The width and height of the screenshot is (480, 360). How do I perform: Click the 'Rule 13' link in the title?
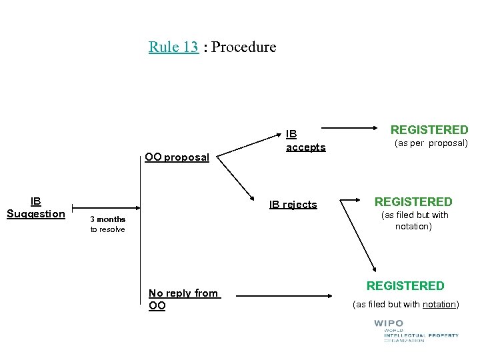pos(173,47)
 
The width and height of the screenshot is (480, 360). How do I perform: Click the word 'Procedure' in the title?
pos(244,47)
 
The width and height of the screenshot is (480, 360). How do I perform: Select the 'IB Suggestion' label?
pos(35,207)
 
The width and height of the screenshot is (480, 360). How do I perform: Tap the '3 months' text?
pos(107,219)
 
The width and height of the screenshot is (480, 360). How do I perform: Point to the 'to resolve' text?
pos(107,229)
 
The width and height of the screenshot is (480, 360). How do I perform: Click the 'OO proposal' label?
pos(177,157)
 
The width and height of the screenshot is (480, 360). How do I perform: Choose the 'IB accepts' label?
pos(305,141)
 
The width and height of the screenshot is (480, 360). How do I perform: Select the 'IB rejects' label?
pos(293,205)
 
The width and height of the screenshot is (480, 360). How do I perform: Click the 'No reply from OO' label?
pos(183,299)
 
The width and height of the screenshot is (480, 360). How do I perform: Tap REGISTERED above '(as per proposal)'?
pos(429,130)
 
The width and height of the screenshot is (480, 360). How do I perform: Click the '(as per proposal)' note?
pos(431,143)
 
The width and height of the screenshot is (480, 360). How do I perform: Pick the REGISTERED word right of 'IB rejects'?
pos(413,201)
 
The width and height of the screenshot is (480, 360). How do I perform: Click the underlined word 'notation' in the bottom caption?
pos(439,305)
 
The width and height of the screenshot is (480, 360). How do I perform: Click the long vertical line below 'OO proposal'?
pos(141,253)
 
